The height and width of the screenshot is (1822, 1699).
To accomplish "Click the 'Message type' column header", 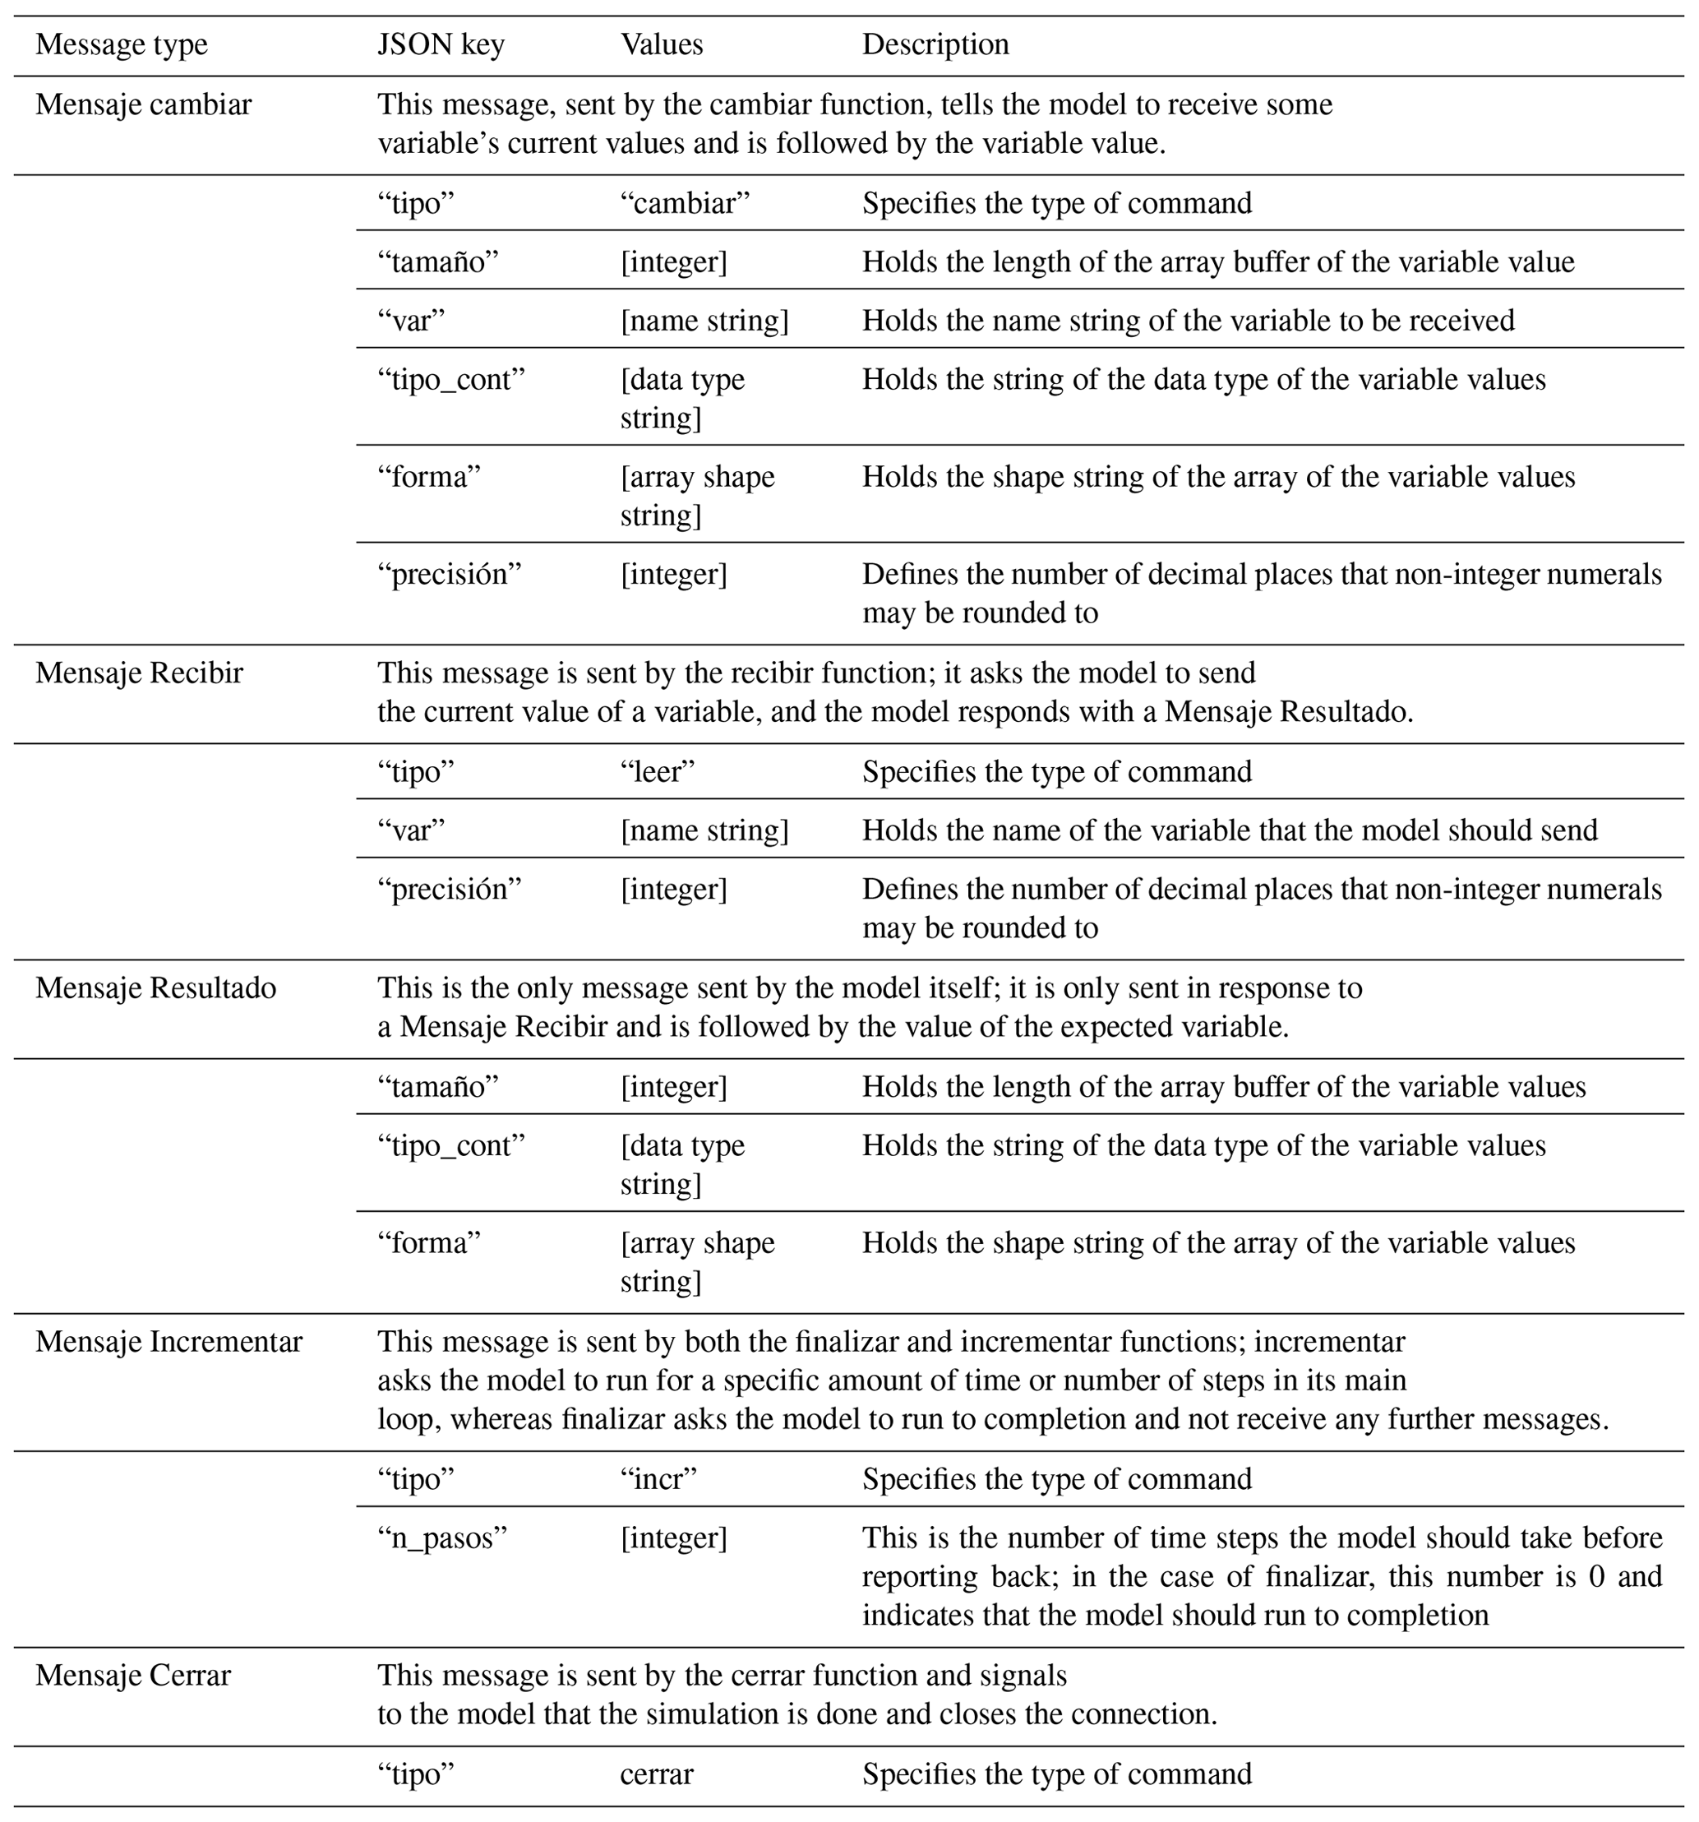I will pos(122,45).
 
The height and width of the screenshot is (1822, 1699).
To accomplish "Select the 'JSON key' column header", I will pos(441,45).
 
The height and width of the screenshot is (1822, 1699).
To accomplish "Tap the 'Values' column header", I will pos(662,45).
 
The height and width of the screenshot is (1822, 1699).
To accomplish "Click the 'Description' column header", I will pos(935,45).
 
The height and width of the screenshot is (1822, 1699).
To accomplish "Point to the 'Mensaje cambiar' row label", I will pos(143,104).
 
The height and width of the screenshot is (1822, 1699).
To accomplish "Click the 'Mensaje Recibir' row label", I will pos(139,673).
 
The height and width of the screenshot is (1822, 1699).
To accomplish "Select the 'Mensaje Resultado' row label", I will pos(156,988).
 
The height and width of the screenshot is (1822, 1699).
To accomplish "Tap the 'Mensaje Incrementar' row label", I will pos(169,1342).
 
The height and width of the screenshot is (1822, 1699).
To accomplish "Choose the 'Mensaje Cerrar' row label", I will pos(133,1676).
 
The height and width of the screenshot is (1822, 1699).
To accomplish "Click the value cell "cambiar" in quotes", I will pos(685,202).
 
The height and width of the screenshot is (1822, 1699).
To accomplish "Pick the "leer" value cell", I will pos(657,772).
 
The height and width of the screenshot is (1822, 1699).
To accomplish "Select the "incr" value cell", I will pos(658,1479).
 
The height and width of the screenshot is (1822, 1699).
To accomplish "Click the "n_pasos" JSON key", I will pos(441,1538).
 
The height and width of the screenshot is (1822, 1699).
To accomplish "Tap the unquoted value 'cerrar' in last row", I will pos(656,1774).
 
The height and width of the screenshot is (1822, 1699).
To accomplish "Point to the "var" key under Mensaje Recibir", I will pos(412,830).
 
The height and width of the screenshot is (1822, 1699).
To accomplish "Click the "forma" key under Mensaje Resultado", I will pos(429,1243).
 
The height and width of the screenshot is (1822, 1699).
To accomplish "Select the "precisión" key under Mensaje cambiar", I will pos(449,575).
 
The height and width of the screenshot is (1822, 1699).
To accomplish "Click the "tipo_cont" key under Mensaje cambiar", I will pos(451,379).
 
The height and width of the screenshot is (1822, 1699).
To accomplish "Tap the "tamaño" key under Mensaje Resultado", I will pos(438,1087).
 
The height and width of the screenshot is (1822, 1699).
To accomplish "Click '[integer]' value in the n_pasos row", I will pos(673,1538).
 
